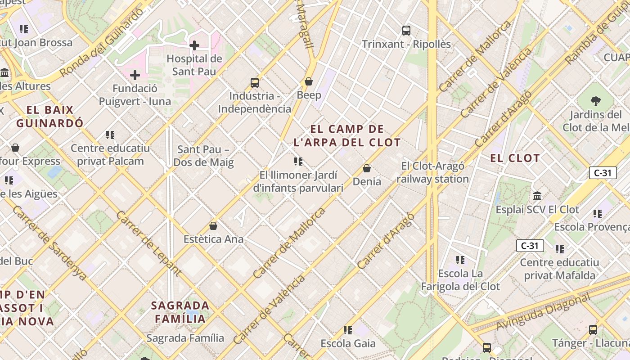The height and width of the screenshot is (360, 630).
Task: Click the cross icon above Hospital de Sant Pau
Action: click(x=194, y=45)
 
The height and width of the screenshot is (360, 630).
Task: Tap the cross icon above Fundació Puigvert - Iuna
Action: click(x=135, y=75)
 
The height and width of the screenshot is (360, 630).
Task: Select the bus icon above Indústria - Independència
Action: click(x=255, y=82)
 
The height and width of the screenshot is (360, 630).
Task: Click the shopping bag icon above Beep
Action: click(x=309, y=81)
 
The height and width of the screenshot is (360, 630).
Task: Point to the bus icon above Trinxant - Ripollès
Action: click(x=406, y=31)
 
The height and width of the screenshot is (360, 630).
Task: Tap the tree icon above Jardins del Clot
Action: click(x=596, y=101)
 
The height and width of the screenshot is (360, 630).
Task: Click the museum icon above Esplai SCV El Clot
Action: click(x=537, y=196)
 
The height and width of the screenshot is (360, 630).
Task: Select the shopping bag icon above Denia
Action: click(x=367, y=168)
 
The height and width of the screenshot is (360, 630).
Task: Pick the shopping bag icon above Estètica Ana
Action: click(x=213, y=226)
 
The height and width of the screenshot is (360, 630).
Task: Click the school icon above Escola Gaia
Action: click(x=348, y=330)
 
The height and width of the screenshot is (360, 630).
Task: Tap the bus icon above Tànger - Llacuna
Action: click(x=593, y=329)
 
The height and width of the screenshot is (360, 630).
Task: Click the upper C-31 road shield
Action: click(x=603, y=173)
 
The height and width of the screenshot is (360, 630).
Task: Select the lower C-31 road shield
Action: click(x=530, y=246)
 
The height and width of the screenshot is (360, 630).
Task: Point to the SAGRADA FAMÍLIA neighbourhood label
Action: click(x=180, y=312)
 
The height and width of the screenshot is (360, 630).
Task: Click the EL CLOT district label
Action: click(x=515, y=158)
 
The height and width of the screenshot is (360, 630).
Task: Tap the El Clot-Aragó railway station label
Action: click(x=432, y=172)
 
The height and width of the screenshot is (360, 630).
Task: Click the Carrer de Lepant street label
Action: click(x=148, y=243)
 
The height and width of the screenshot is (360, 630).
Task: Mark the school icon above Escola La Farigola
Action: click(x=460, y=260)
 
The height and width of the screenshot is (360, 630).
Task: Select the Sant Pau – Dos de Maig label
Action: click(x=203, y=156)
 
